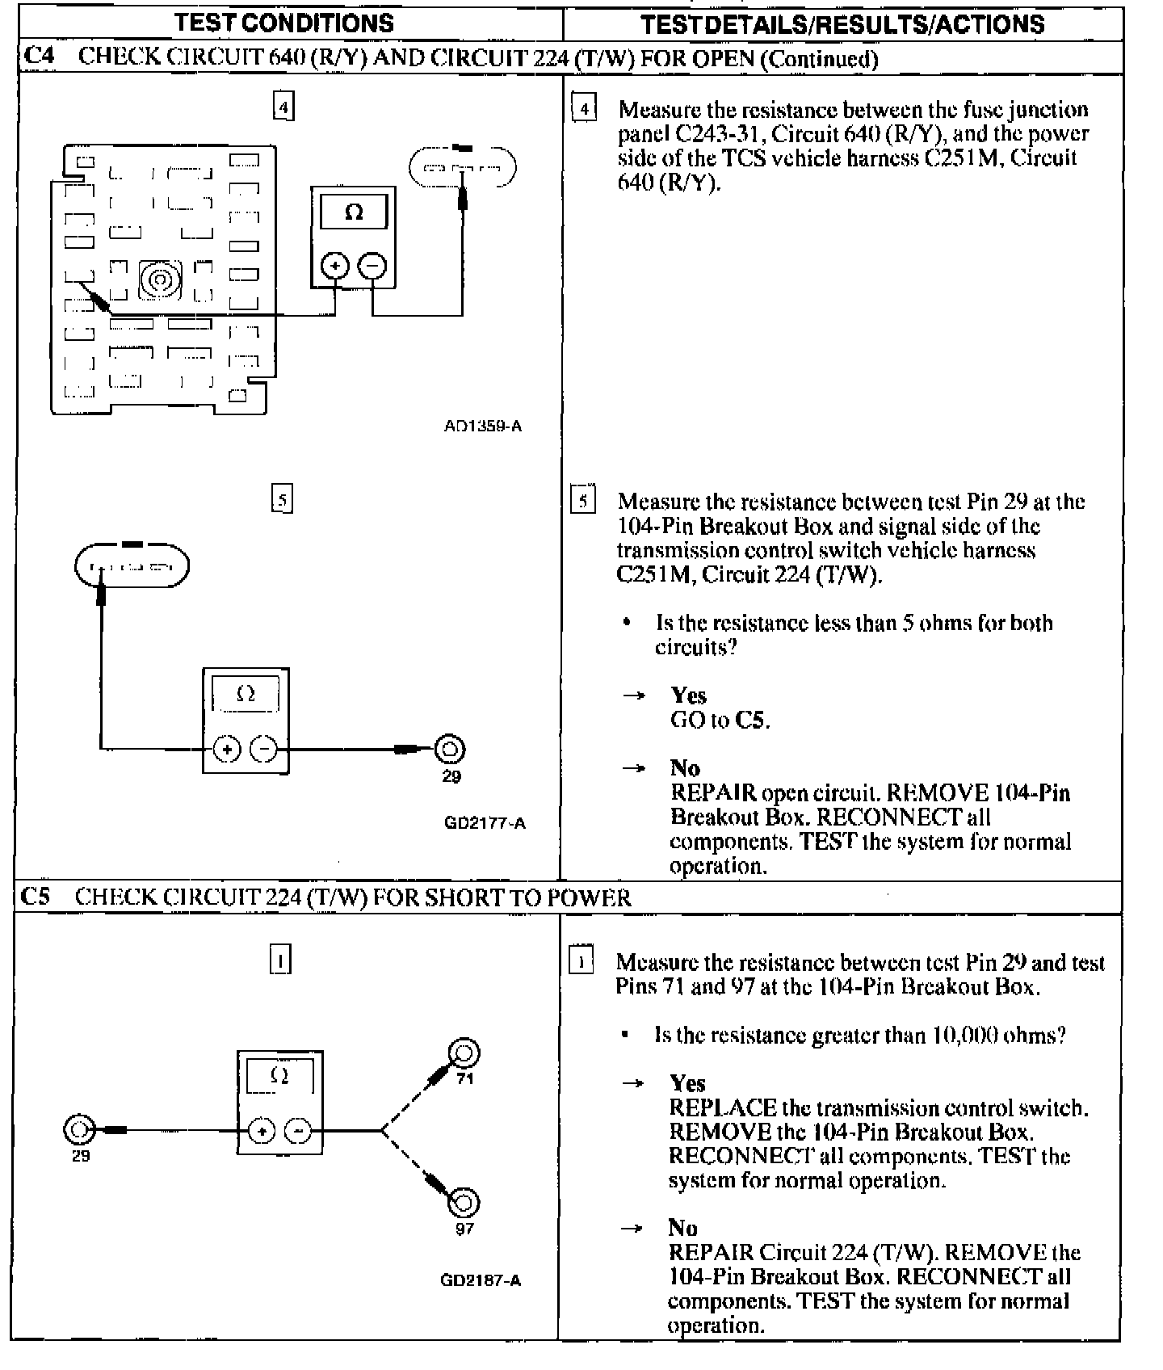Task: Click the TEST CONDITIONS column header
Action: click(284, 23)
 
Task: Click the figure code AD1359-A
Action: click(483, 426)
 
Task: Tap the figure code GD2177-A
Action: click(485, 823)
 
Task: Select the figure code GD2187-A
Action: click(481, 1280)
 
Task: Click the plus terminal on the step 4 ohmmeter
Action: click(335, 266)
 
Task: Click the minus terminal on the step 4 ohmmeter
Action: click(372, 266)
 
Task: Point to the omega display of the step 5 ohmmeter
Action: click(246, 693)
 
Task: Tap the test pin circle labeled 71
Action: click(464, 1053)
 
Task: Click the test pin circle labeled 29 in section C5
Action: click(79, 1130)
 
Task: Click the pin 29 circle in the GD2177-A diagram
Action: click(450, 750)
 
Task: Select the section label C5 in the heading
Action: click(36, 897)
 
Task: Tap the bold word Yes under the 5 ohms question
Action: click(688, 696)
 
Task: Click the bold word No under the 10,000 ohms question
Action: click(683, 1228)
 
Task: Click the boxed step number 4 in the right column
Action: click(584, 108)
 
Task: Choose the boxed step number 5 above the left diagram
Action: click(282, 499)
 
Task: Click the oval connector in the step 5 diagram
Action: click(132, 565)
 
